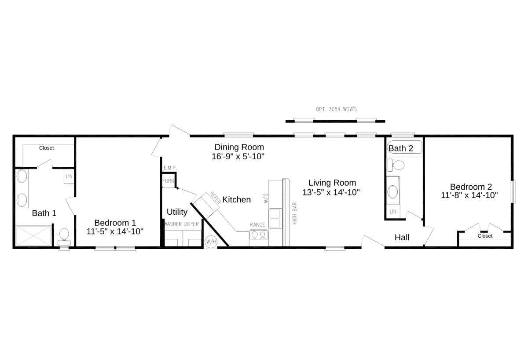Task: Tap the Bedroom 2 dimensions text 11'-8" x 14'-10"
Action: coord(469,195)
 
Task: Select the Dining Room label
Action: coord(239,147)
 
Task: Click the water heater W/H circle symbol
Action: coord(210,242)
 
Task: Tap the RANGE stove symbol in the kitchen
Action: coord(258,235)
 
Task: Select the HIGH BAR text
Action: coord(294,213)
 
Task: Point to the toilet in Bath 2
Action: coord(397,165)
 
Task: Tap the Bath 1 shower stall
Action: coord(34,236)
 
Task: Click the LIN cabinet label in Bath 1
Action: coord(69,176)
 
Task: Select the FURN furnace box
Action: coord(168,181)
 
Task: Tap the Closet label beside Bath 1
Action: coord(46,148)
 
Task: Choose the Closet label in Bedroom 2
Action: coord(485,236)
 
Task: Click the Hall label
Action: coord(402,237)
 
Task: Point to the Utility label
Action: coord(177,212)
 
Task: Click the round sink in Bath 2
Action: coord(392,191)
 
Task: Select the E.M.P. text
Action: coord(170,168)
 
